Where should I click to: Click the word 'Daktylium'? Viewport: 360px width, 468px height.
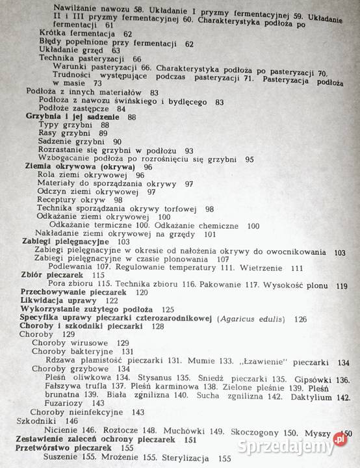pos(315,397)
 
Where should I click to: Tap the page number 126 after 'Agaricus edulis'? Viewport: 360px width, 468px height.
pos(300,318)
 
